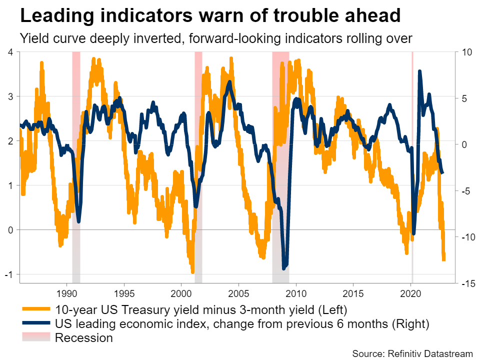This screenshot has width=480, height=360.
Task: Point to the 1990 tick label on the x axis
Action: [x=67, y=293]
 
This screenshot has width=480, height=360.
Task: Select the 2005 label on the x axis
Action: [x=238, y=293]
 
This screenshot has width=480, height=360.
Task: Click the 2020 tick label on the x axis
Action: [x=410, y=293]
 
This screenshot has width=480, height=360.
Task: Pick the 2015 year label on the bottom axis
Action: [x=353, y=293]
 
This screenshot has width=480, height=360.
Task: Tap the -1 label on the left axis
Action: [x=10, y=274]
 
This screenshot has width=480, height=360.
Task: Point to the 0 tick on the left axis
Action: [x=11, y=230]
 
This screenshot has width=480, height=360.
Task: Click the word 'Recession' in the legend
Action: [x=84, y=338]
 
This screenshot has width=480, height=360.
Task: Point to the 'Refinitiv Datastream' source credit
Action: [x=430, y=353]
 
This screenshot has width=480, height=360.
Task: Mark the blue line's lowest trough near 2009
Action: [x=284, y=268]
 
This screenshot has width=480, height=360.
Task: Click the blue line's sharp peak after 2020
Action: [x=419, y=72]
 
